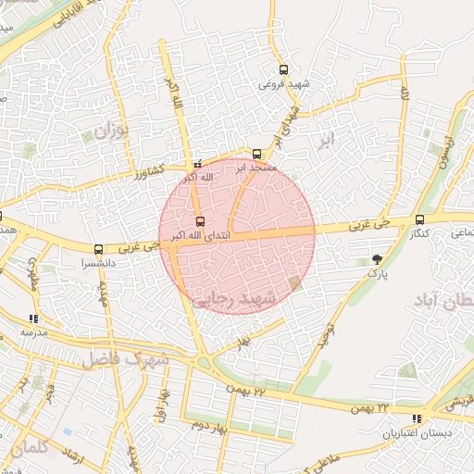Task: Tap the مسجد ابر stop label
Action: [255, 168]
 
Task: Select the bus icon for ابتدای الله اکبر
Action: [201, 220]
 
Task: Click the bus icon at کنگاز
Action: [420, 219]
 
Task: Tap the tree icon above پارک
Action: [376, 258]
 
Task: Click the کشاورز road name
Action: [149, 172]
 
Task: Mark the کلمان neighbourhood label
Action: [28, 447]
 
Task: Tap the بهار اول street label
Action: [164, 401]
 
